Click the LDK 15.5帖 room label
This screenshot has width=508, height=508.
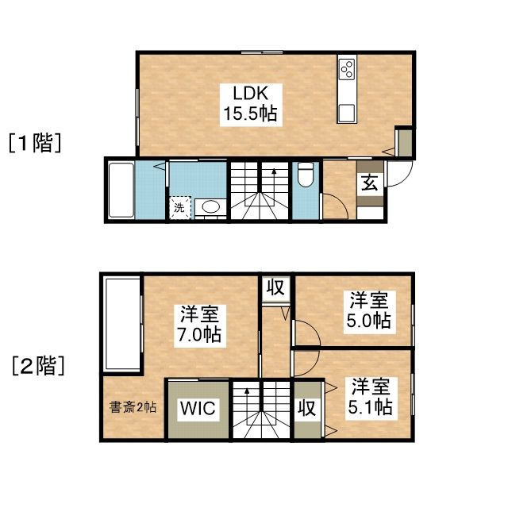pyautogui.click(x=249, y=102)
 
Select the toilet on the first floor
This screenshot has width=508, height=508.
pyautogui.click(x=306, y=176)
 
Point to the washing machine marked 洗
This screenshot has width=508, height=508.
pyautogui.click(x=179, y=207)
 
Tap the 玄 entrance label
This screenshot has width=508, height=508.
pyautogui.click(x=370, y=183)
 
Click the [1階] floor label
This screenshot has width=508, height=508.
pyautogui.click(x=35, y=143)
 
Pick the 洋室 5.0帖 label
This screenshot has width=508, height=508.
pyautogui.click(x=369, y=310)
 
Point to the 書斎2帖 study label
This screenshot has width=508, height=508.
pyautogui.click(x=132, y=407)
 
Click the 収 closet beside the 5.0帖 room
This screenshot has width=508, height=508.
pyautogui.click(x=275, y=287)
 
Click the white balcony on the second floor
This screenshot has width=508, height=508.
pyautogui.click(x=121, y=324)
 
